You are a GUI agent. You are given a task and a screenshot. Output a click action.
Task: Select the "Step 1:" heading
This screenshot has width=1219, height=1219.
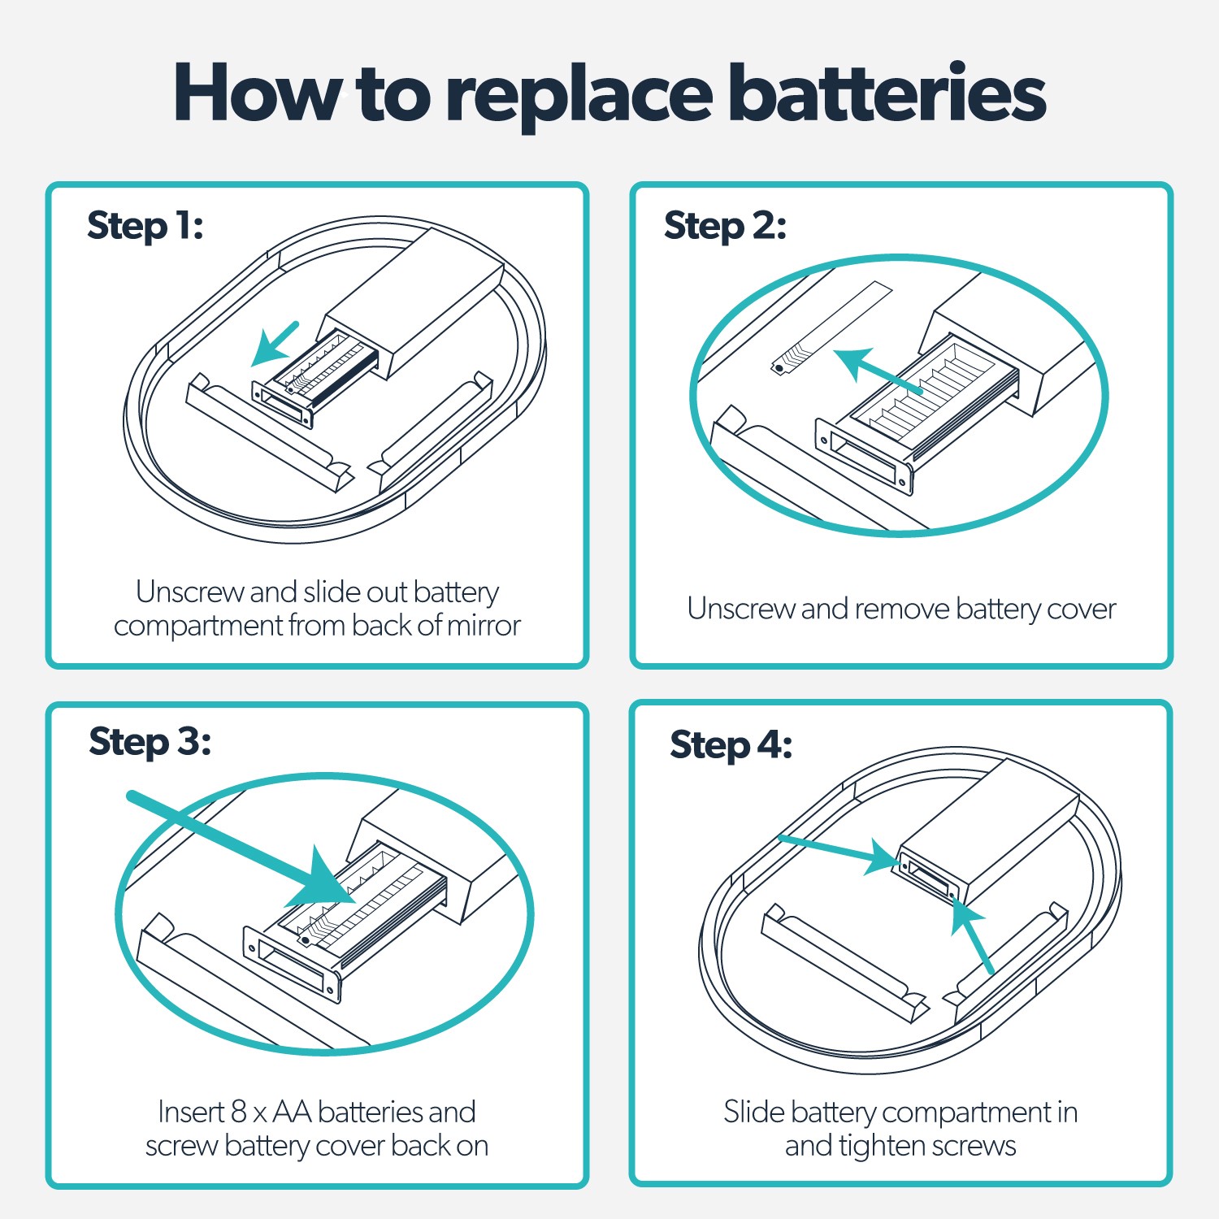click(145, 225)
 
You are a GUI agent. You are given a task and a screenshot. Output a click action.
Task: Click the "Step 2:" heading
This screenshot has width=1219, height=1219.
click(725, 225)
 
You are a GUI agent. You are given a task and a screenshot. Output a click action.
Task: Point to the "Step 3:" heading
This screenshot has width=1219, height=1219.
click(150, 741)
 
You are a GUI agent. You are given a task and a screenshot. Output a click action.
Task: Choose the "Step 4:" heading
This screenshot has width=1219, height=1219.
click(731, 744)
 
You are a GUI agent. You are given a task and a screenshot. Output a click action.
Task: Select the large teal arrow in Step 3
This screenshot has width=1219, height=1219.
click(244, 849)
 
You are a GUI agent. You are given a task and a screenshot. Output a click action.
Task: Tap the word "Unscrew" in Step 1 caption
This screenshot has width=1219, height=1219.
click(190, 592)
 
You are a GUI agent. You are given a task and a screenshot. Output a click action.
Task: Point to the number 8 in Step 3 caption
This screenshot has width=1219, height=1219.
click(238, 1111)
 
